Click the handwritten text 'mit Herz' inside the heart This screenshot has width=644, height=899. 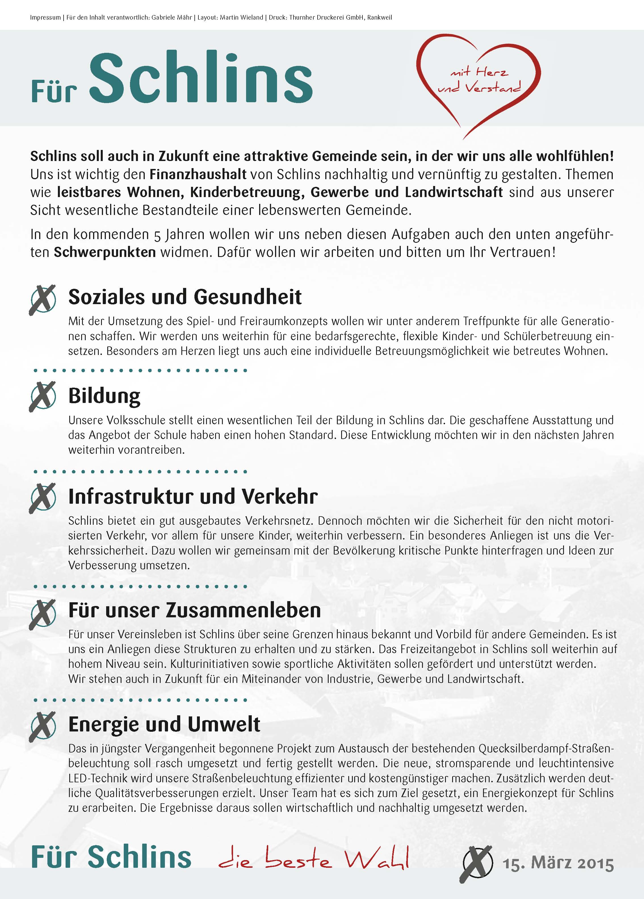tap(479, 72)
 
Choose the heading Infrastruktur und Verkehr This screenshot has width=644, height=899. tap(193, 496)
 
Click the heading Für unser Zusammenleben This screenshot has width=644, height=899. tap(194, 610)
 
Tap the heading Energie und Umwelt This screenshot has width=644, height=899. tap(164, 724)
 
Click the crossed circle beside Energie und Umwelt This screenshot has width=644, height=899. tap(42, 726)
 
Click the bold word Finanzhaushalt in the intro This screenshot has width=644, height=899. tap(198, 174)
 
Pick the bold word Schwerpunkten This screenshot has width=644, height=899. tap(105, 252)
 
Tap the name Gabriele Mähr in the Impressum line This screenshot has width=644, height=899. tap(172, 17)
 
